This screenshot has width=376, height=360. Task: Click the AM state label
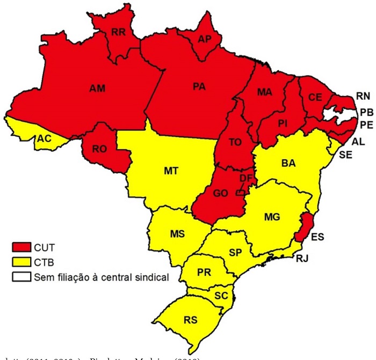pyautogui.click(x=97, y=88)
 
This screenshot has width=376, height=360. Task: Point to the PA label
pyautogui.click(x=200, y=86)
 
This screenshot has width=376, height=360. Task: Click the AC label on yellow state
pyautogui.click(x=44, y=138)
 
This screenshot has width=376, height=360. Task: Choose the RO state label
pyautogui.click(x=99, y=149)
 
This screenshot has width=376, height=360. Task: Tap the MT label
pyautogui.click(x=171, y=170)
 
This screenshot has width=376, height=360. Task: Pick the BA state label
pyautogui.click(x=288, y=163)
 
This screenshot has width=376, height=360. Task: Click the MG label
pyautogui.click(x=273, y=216)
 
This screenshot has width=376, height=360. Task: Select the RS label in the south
pyautogui.click(x=190, y=320)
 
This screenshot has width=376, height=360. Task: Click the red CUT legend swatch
pyautogui.click(x=21, y=248)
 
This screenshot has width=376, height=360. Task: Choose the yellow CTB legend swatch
pyautogui.click(x=21, y=263)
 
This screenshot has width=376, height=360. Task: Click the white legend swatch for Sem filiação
pyautogui.click(x=21, y=277)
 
